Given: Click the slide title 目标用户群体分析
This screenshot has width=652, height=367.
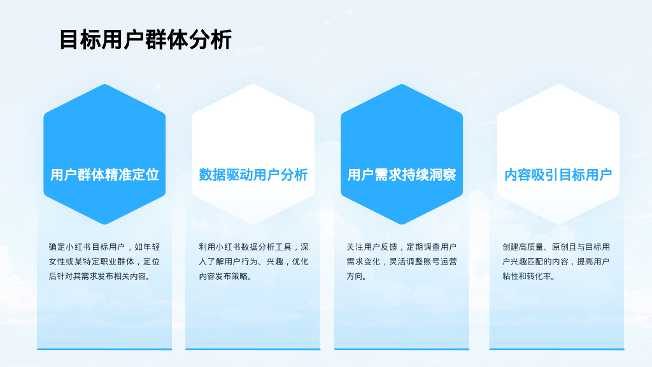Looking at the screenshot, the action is pos(145,40).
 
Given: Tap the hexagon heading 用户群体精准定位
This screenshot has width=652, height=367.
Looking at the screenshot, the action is pos(104,175).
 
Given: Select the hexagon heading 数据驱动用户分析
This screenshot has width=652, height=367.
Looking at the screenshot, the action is pos(253,175).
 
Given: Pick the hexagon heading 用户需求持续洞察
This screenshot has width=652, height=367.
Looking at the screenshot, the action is pos(402,175).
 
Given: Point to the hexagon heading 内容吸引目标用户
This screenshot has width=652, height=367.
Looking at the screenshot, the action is pos(558,175).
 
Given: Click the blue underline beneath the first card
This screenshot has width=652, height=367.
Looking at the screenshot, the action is pos(104,349).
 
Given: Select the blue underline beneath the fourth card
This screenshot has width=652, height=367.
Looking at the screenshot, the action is pos(556,349).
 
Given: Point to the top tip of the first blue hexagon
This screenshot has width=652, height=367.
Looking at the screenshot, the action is pos(104,84).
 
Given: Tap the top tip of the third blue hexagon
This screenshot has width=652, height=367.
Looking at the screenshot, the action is pos(402,84).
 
